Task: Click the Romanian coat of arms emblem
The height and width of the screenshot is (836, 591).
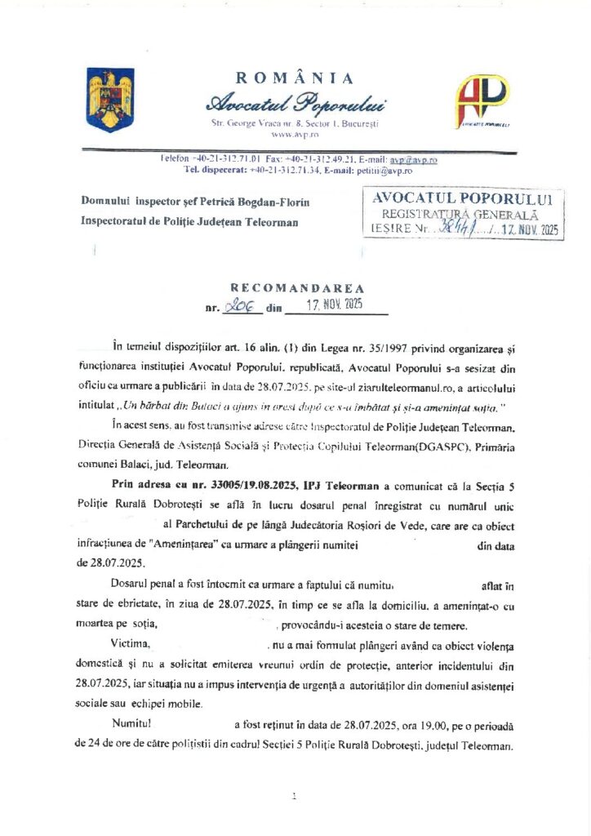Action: point(110,100)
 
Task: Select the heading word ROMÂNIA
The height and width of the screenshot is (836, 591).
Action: point(295,78)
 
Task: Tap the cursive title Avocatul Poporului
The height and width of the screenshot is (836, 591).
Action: point(295,103)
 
